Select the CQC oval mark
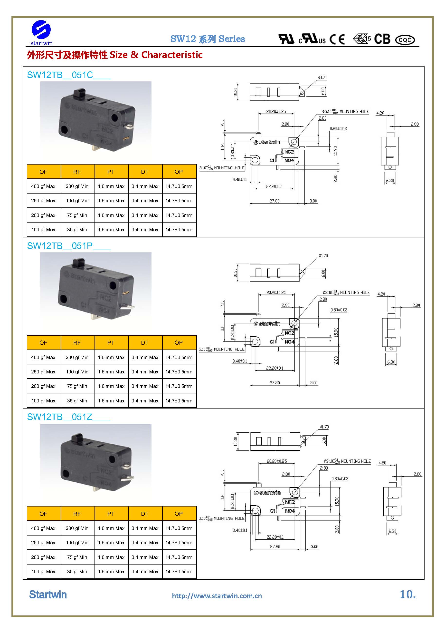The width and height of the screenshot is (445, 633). (405, 40)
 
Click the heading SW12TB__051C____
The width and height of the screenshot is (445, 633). (69, 75)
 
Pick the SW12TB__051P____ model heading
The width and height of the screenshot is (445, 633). (69, 246)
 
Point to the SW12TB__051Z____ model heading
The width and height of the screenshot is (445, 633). (68, 417)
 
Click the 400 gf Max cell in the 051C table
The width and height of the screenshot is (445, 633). (43, 186)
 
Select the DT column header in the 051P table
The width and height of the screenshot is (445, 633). (145, 343)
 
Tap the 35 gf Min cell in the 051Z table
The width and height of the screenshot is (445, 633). (77, 572)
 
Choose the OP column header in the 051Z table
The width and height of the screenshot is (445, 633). (179, 514)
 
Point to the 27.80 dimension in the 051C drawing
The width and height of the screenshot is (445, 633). (275, 201)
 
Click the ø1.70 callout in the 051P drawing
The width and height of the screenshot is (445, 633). (323, 256)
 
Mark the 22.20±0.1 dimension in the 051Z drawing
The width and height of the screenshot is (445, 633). (275, 537)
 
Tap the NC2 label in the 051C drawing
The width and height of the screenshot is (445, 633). (289, 152)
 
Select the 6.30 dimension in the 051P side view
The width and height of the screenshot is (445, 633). (391, 362)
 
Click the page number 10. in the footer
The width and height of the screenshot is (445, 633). (407, 594)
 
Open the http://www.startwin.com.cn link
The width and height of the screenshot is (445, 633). (217, 596)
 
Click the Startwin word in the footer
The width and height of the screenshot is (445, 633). (48, 595)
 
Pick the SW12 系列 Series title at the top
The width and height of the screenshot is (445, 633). (208, 39)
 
